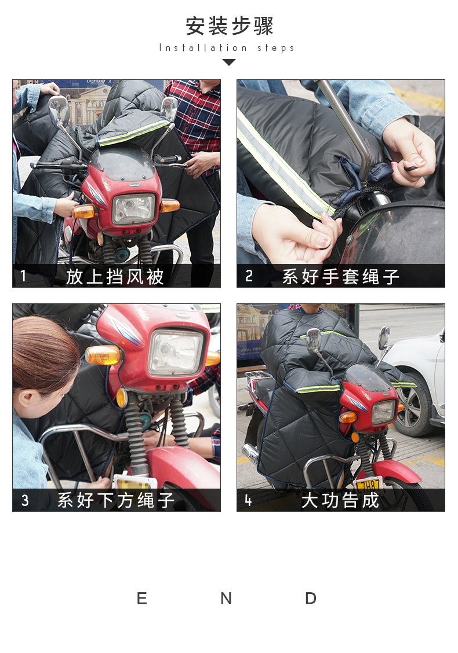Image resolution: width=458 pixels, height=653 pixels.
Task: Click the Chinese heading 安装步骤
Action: [x=229, y=26]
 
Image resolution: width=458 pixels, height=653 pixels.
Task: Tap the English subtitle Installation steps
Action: [x=227, y=48]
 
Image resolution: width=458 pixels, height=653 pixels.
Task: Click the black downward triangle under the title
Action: [x=229, y=62]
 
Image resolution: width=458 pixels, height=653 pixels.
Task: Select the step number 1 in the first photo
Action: [x=23, y=276]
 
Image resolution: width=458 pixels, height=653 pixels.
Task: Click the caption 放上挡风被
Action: [x=115, y=277]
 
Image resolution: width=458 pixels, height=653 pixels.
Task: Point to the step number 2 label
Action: [x=249, y=276]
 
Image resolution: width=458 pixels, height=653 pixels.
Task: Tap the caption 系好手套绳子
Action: [x=341, y=277]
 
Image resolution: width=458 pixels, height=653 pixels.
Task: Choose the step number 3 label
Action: [x=25, y=500]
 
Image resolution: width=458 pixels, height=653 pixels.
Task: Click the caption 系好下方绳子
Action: [x=116, y=500]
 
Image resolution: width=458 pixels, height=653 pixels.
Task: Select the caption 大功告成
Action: [x=340, y=500]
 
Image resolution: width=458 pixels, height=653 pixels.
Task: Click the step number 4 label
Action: [x=248, y=500]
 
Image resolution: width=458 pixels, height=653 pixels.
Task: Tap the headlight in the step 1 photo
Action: [x=133, y=208]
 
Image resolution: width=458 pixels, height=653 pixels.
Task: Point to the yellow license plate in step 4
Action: [x=369, y=485]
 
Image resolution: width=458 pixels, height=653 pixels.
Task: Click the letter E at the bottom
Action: [x=142, y=599]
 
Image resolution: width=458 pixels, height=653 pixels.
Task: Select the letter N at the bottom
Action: [x=226, y=599]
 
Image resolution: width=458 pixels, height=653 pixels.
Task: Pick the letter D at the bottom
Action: [x=311, y=599]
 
